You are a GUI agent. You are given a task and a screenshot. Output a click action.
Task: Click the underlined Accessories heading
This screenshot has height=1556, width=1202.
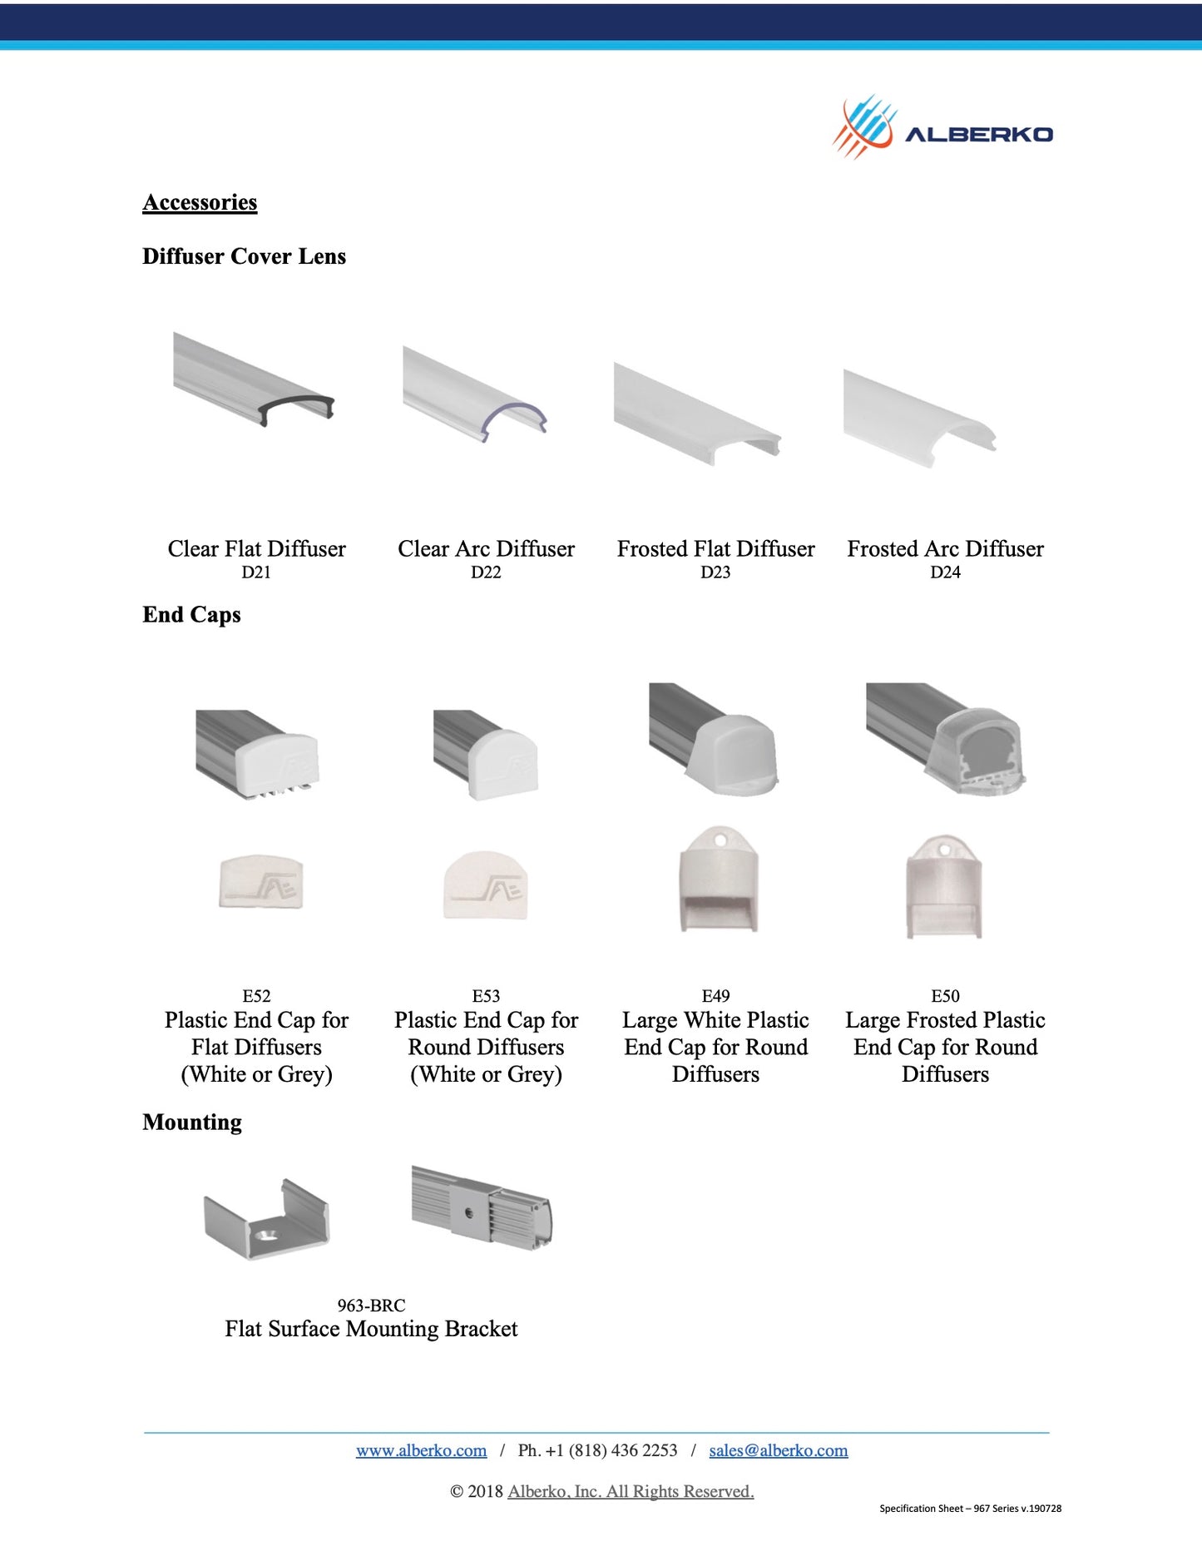[x=200, y=202]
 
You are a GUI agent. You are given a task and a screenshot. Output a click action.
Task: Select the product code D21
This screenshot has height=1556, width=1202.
[x=256, y=572]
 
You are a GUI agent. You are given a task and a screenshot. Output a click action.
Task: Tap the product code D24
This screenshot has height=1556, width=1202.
[x=945, y=572]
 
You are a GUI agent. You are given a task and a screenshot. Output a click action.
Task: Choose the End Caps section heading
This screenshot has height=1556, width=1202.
[x=191, y=615]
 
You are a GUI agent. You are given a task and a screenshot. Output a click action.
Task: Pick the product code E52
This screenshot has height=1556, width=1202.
[x=256, y=996]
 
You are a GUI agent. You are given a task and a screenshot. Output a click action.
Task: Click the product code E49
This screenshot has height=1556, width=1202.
[x=715, y=996]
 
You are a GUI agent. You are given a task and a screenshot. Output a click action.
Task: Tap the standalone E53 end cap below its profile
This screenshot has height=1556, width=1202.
[x=486, y=885]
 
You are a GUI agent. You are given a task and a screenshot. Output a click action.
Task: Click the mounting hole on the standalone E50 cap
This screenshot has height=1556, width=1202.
[x=945, y=850]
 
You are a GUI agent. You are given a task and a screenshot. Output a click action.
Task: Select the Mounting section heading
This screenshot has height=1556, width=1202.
[x=192, y=1122]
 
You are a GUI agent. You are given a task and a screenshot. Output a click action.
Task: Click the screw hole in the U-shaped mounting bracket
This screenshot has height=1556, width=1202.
[x=266, y=1234]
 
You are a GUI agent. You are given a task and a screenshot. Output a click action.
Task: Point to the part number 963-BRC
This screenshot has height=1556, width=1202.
[x=371, y=1306]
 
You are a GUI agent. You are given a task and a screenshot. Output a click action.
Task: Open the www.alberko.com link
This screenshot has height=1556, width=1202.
[x=421, y=1450]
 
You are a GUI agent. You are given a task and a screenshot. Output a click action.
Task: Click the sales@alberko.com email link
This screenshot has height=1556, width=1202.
[x=779, y=1450]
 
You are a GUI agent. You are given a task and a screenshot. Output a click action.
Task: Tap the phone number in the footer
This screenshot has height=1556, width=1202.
[x=597, y=1450]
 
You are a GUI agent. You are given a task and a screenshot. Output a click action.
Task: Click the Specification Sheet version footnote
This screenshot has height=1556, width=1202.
[x=970, y=1508]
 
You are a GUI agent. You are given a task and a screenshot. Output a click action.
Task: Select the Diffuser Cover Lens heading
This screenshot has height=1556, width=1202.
[x=244, y=256]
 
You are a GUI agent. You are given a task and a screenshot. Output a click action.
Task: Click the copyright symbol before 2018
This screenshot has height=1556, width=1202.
[x=457, y=1491]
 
